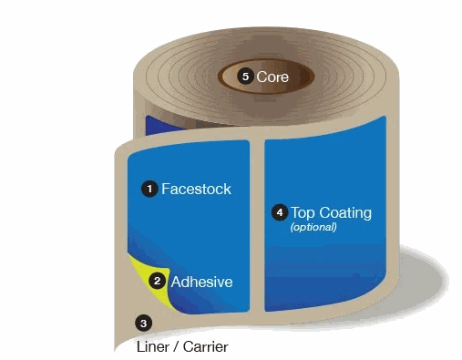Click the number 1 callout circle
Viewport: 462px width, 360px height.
tap(149, 189)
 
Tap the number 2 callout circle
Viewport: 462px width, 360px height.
tap(158, 282)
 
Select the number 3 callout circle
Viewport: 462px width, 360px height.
tap(142, 322)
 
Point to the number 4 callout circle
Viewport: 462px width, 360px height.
tap(280, 212)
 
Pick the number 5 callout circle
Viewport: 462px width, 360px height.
tap(244, 77)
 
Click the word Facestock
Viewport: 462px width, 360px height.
tap(196, 190)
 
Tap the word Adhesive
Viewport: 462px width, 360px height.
tap(201, 282)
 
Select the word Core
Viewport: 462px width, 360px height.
tap(272, 77)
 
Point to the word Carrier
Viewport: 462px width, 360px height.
tap(206, 347)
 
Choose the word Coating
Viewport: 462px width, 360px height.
tap(344, 212)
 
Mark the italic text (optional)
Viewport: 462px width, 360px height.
tap(313, 227)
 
